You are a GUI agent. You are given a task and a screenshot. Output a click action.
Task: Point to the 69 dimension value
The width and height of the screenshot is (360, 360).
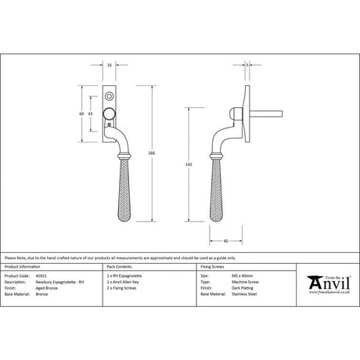point(82,114)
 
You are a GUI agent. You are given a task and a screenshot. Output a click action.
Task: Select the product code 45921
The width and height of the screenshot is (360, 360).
point(41,276)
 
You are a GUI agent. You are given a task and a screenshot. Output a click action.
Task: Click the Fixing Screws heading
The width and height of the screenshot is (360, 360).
point(211,266)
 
